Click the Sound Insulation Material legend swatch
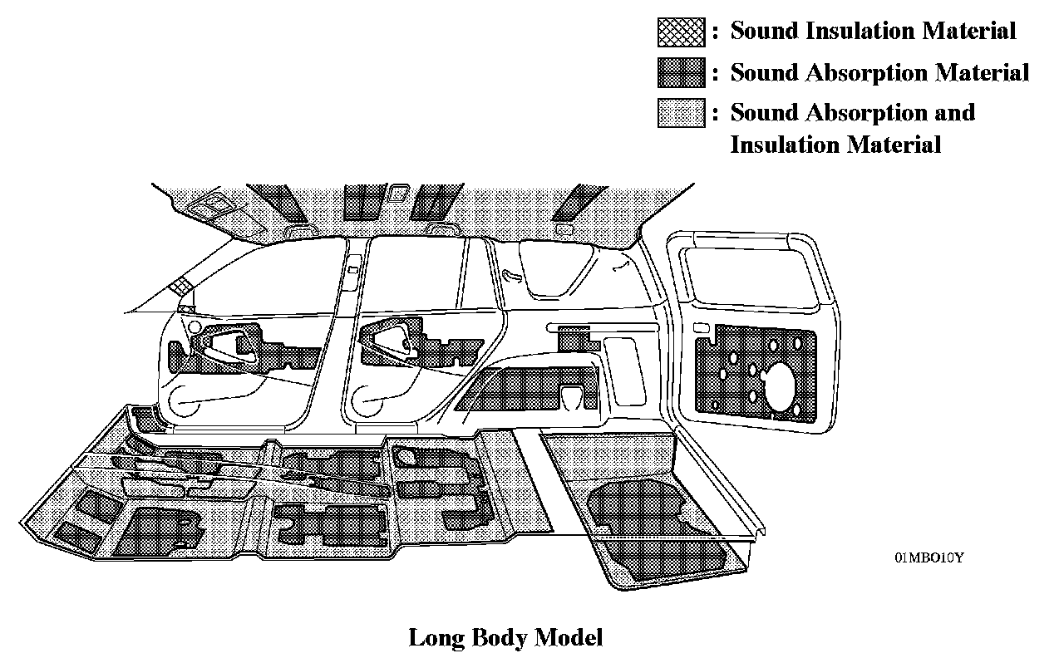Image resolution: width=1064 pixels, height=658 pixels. click(681, 32)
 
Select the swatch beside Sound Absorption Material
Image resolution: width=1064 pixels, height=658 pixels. click(681, 72)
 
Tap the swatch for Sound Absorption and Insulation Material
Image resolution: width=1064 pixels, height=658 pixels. click(681, 112)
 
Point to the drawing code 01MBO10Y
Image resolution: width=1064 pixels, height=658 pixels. click(929, 557)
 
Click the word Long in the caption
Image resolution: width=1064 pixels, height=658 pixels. click(437, 638)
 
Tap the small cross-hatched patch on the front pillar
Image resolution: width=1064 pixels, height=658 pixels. click(180, 287)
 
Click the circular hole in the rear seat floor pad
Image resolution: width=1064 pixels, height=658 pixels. click(406, 455)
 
